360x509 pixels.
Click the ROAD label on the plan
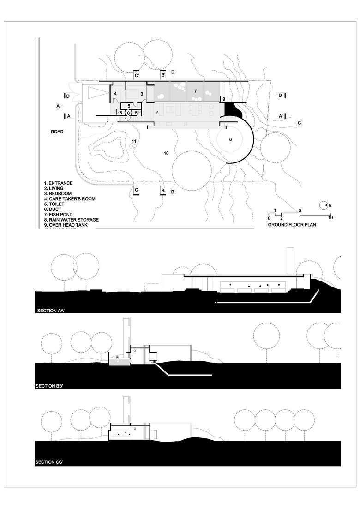(x=57, y=132)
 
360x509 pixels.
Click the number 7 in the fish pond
(x=195, y=90)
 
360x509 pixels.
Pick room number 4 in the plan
(x=115, y=94)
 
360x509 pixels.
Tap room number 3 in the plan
(x=142, y=94)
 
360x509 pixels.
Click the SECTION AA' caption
(x=52, y=311)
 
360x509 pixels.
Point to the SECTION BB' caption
(x=52, y=385)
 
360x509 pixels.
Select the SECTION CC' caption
(x=52, y=461)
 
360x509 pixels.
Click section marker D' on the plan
(x=280, y=95)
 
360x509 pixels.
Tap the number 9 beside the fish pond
(x=223, y=99)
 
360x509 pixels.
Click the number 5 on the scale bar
(x=300, y=211)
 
